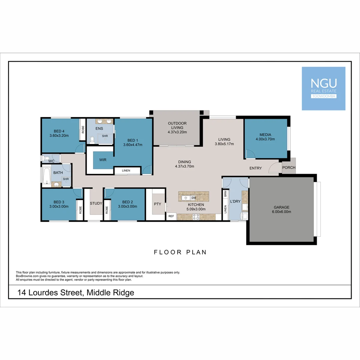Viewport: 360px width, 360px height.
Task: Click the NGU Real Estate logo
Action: (x=323, y=88)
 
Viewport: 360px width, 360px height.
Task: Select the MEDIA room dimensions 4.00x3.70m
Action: (x=265, y=139)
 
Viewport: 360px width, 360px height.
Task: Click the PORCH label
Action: (x=289, y=168)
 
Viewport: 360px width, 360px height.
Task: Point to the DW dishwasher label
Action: (x=194, y=198)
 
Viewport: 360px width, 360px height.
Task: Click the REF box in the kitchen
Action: (x=171, y=216)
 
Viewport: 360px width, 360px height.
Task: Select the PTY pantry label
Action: (x=157, y=204)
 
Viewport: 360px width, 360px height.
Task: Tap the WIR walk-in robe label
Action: (x=103, y=160)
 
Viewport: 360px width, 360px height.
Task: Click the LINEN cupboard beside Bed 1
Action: (x=126, y=171)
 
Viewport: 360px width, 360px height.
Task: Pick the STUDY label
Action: (x=96, y=203)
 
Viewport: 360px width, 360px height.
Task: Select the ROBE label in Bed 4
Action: (x=83, y=129)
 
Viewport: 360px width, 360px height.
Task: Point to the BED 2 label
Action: (x=128, y=202)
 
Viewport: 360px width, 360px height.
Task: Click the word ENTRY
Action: (x=256, y=168)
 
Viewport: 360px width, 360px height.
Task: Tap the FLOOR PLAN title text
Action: (x=180, y=252)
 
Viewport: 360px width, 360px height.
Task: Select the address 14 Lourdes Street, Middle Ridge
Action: (x=76, y=293)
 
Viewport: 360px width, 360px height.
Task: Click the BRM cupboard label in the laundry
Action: (x=226, y=193)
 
